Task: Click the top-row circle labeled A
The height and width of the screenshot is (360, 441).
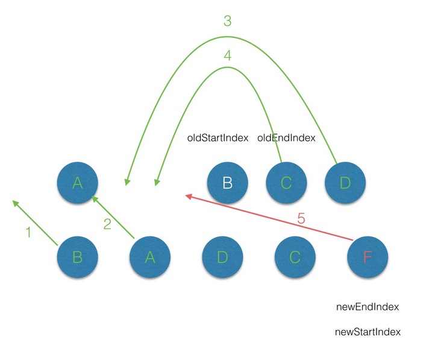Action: click(x=77, y=183)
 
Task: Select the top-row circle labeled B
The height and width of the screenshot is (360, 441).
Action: click(x=227, y=183)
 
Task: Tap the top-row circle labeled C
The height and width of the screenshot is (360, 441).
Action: click(x=286, y=183)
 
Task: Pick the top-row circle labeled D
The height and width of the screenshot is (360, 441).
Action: click(x=344, y=183)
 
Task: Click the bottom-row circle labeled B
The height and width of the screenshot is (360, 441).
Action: click(x=77, y=257)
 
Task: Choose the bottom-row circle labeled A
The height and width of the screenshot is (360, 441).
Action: click(x=150, y=257)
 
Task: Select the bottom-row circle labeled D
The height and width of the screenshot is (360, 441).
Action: click(x=222, y=257)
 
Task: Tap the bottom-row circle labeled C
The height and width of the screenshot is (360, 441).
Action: click(x=294, y=257)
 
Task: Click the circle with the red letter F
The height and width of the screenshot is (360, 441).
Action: click(x=367, y=257)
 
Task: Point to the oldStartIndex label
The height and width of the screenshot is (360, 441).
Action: click(x=218, y=138)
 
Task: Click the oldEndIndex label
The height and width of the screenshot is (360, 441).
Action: click(x=286, y=138)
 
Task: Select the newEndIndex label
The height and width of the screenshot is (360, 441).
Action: click(x=367, y=307)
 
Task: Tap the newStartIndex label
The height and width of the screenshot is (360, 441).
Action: click(x=367, y=332)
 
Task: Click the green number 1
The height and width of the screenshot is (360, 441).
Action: click(x=28, y=232)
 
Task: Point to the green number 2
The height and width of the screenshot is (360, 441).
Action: click(x=107, y=225)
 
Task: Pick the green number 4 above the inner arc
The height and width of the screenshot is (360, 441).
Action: click(x=227, y=55)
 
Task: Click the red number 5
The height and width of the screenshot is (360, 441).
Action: click(x=301, y=218)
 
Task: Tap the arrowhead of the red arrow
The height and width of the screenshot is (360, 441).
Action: click(x=188, y=195)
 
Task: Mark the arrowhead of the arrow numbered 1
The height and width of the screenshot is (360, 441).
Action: click(x=15, y=204)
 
